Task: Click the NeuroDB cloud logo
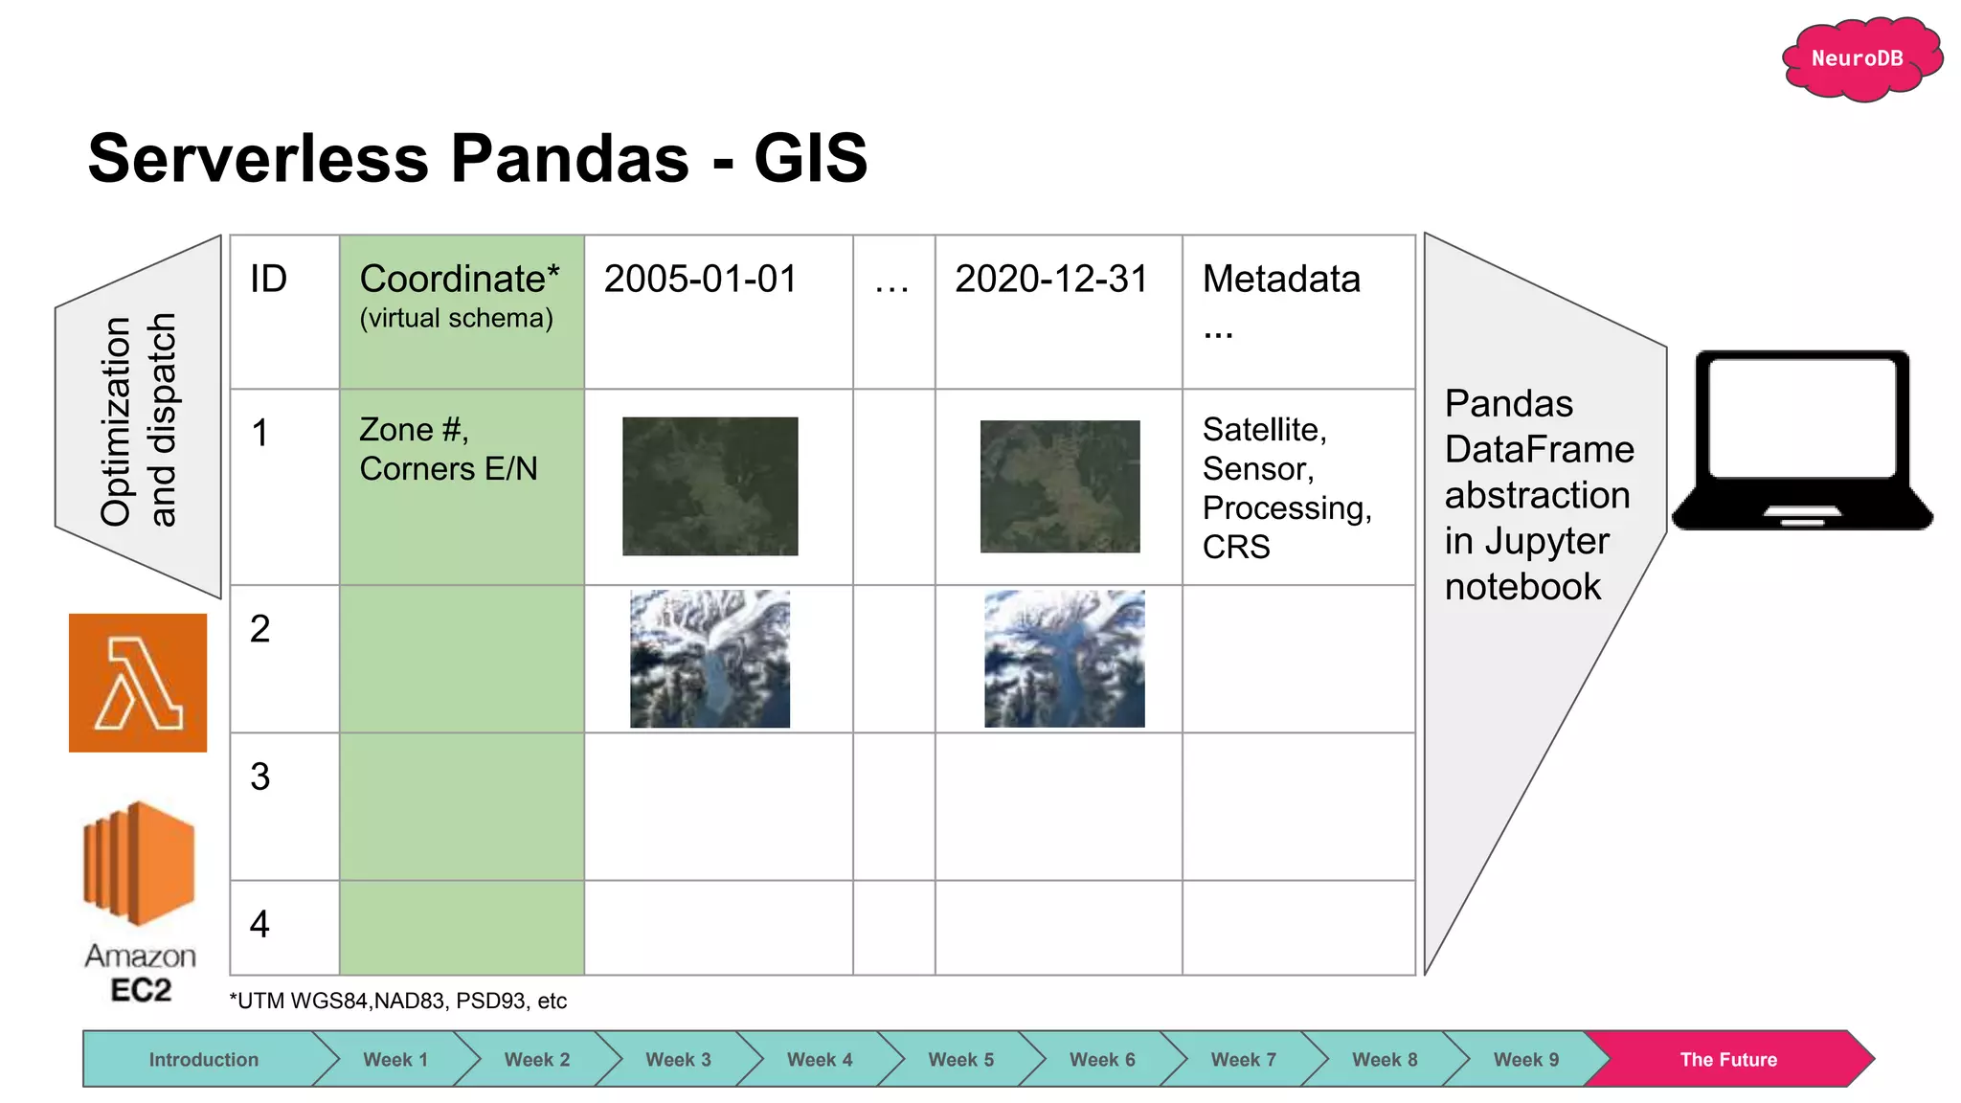click(x=1859, y=58)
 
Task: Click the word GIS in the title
click(x=810, y=158)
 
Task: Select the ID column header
click(x=268, y=280)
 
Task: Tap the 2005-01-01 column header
click(x=700, y=280)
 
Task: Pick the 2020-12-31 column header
click(x=1050, y=280)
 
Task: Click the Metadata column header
click(x=1281, y=280)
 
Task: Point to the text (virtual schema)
click(x=456, y=319)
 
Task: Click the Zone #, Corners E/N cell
click(x=448, y=449)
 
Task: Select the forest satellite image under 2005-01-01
click(x=710, y=486)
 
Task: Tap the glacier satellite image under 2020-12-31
click(x=1064, y=659)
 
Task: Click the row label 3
click(x=260, y=777)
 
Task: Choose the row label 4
click(x=259, y=924)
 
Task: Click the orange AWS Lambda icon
click(x=138, y=683)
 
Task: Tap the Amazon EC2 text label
click(x=141, y=973)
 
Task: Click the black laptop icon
click(x=1801, y=440)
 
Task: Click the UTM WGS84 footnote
click(x=397, y=1002)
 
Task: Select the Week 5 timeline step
click(x=960, y=1060)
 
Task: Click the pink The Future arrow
click(x=1727, y=1060)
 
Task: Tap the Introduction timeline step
click(x=203, y=1060)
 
